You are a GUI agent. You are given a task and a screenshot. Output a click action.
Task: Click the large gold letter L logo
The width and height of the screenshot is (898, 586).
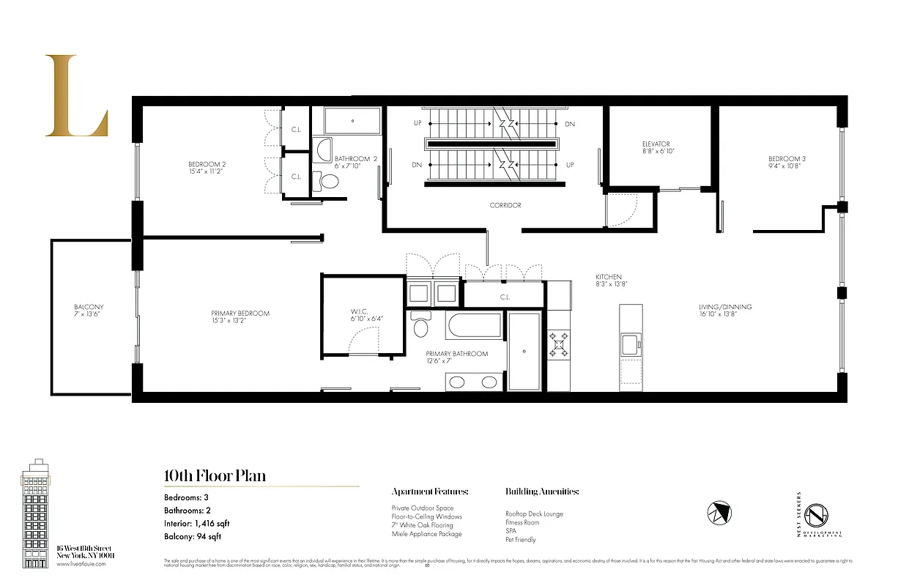coord(75,96)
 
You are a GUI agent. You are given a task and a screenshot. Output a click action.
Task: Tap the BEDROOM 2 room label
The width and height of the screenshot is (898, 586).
coord(206,164)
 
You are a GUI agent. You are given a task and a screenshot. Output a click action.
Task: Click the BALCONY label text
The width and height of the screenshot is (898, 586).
coord(89,307)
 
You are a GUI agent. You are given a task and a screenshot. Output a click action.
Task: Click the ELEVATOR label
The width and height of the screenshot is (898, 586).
coord(656,144)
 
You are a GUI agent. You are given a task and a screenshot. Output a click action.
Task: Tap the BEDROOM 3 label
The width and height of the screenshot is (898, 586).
coord(787,159)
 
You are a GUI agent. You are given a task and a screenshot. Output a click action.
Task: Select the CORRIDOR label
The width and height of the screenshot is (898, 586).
coord(505,205)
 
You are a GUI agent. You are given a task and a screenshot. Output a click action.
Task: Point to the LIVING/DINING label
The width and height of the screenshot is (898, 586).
coord(724,307)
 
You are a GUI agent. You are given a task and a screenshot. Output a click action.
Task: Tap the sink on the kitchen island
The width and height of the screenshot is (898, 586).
coord(630,342)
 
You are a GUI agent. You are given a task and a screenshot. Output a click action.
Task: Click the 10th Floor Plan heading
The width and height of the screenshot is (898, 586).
coord(215,476)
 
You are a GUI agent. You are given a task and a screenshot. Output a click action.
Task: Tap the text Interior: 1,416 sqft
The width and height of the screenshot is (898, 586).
coord(196,523)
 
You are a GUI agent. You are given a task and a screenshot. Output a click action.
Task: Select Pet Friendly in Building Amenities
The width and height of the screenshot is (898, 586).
coord(520,540)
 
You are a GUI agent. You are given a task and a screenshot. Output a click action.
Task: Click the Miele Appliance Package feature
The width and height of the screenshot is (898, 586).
coord(426,534)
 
